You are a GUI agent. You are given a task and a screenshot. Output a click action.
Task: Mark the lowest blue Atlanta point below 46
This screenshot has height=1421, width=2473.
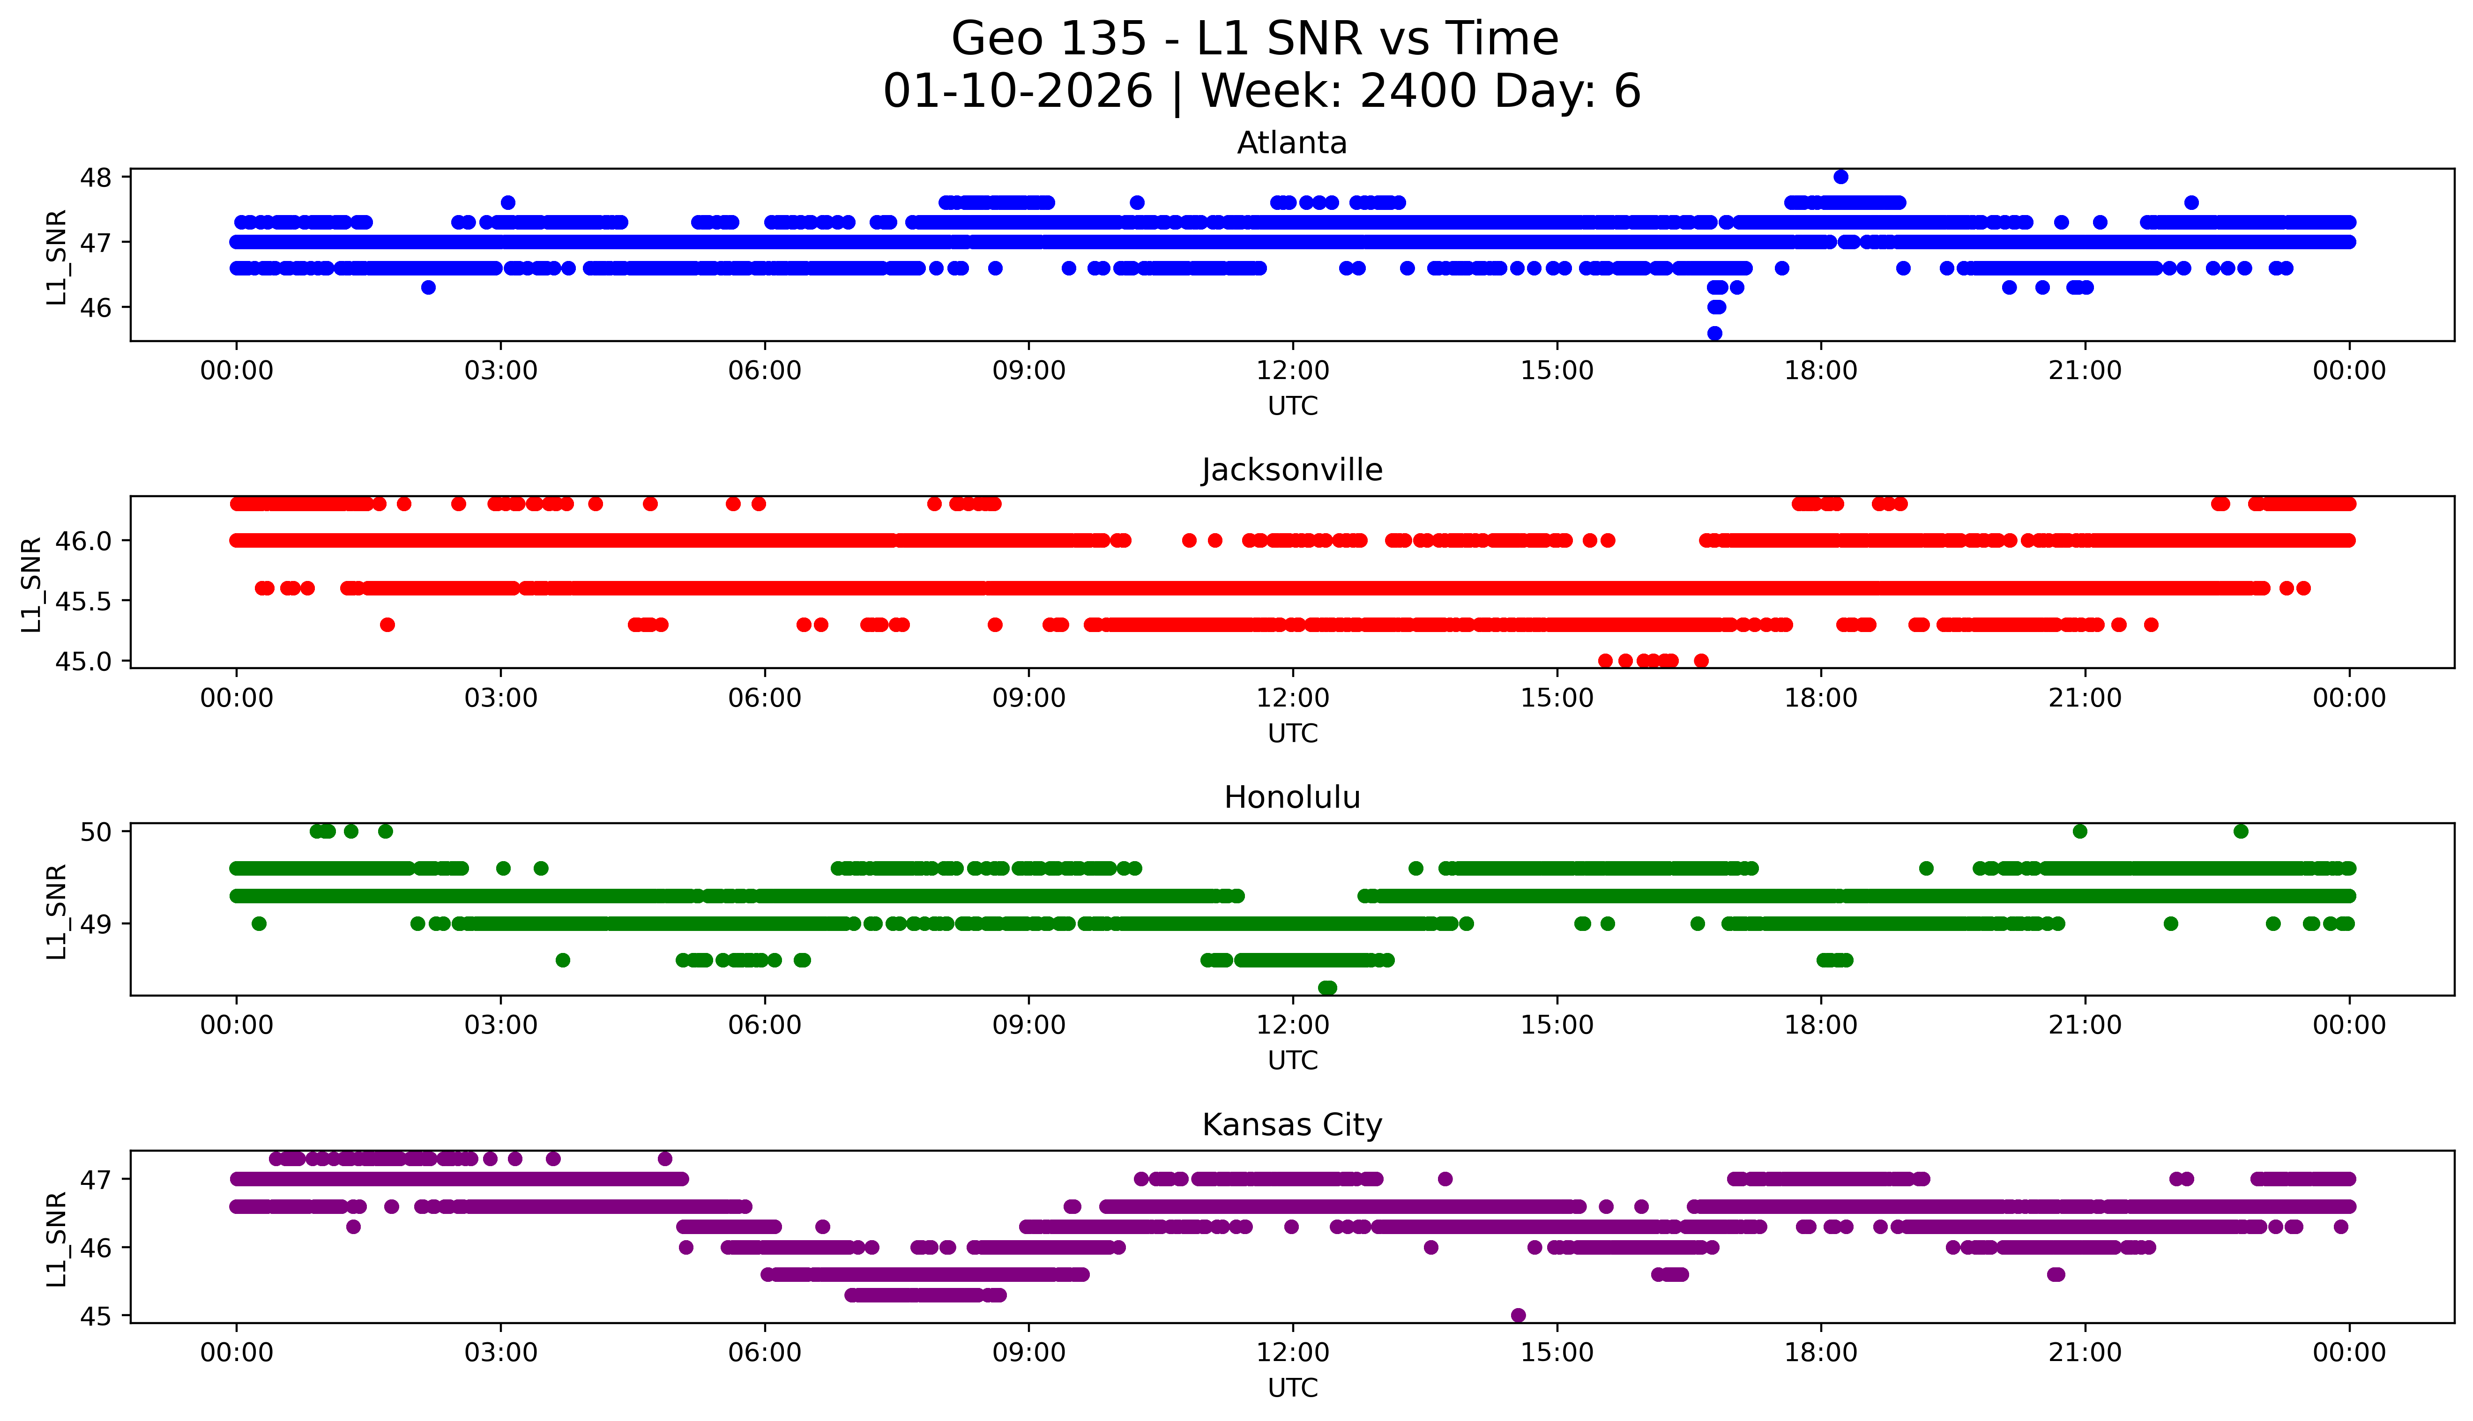pos(1715,333)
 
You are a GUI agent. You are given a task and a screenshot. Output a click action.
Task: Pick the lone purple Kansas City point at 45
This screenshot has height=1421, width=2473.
pos(1518,1315)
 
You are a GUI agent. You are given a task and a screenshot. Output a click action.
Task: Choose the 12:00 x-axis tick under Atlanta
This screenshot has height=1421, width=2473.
pos(1292,371)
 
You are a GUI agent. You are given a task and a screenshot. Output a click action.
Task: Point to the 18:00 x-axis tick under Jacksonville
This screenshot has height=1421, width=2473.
pos(1821,698)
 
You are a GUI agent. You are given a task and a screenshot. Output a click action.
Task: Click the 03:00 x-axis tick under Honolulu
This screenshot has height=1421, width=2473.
pos(501,1025)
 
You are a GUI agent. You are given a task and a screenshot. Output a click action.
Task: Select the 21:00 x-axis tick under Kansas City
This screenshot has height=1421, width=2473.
pos(2085,1353)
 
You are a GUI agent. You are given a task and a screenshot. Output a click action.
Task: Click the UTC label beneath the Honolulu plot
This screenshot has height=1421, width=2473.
pos(1292,1060)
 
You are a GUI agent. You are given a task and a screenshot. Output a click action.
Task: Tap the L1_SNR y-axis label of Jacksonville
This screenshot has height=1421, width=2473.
pos(31,584)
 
